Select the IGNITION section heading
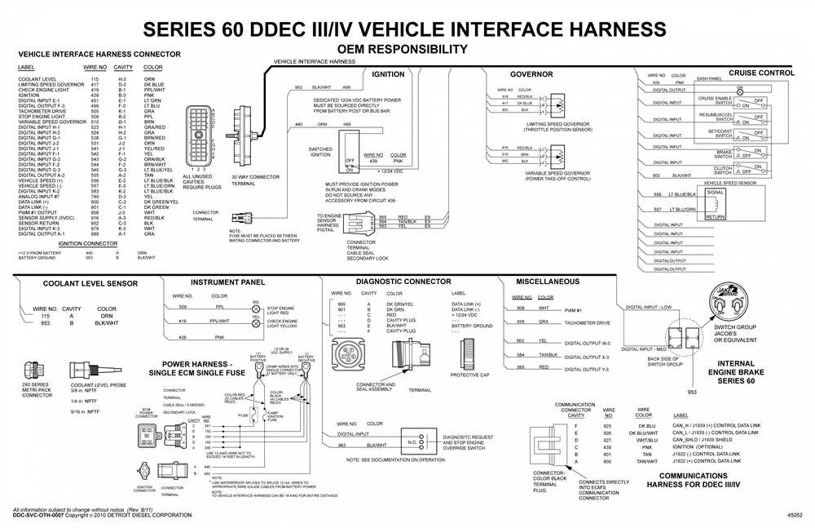[x=387, y=74]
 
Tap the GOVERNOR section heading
[x=531, y=74]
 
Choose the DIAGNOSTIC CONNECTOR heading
[x=403, y=282]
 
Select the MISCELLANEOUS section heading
[x=548, y=282]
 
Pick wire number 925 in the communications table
[x=606, y=426]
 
